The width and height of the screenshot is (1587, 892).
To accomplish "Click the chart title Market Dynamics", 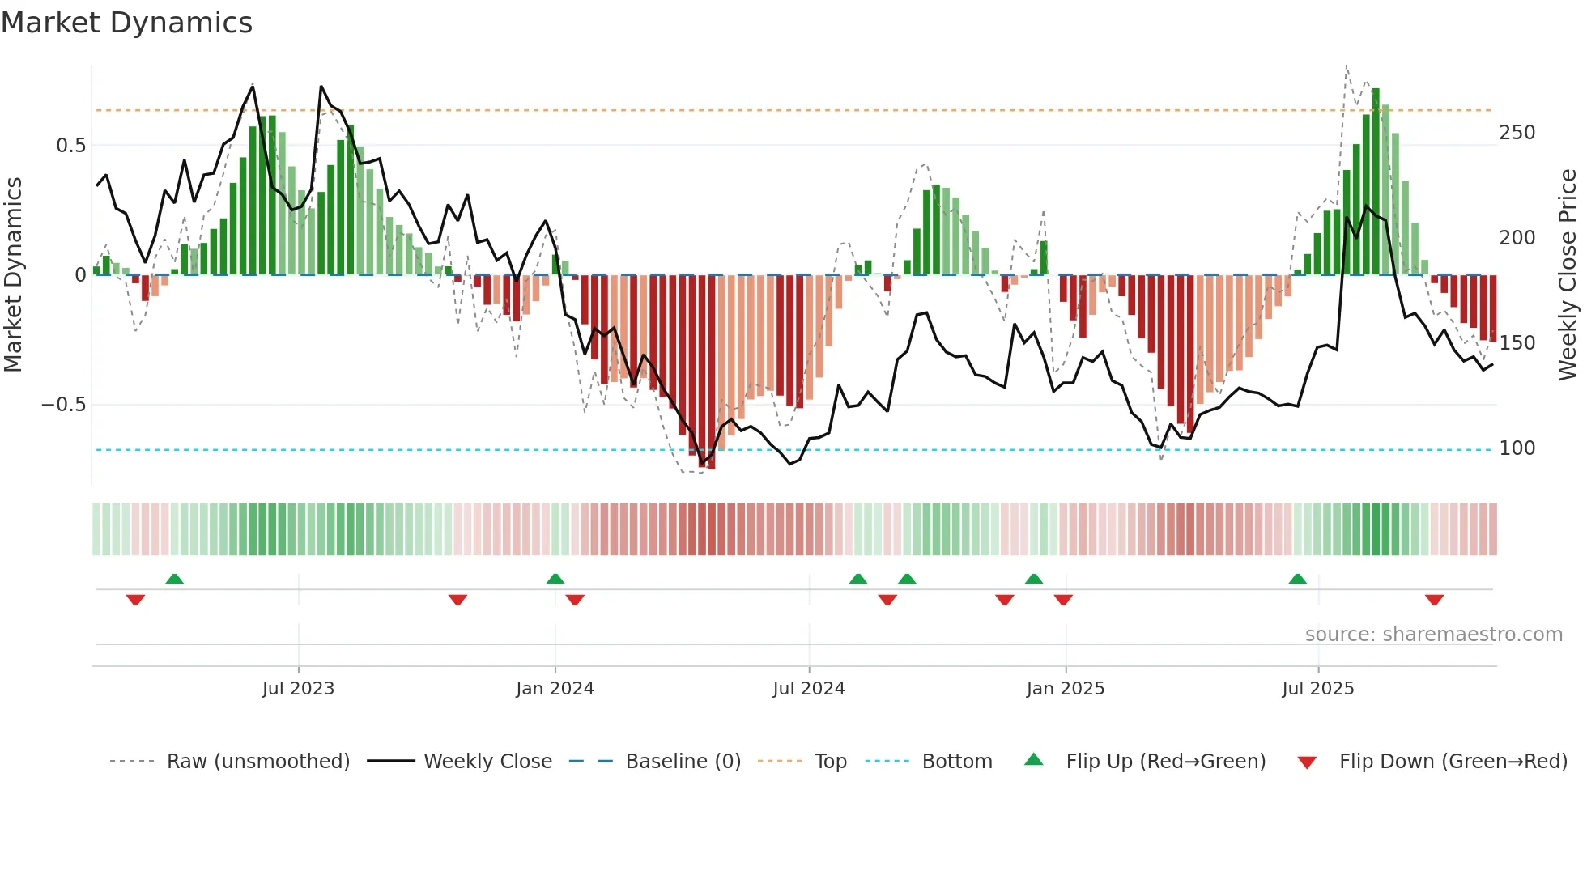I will coord(126,23).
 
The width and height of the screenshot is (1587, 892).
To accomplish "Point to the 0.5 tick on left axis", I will coord(70,146).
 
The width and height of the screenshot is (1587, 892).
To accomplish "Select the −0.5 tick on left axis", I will coord(63,405).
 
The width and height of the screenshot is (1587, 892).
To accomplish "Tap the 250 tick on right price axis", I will coord(1517,133).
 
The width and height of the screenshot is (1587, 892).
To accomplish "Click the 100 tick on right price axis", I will coord(1517,448).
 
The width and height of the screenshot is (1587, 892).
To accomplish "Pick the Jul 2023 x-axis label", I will coord(298,689).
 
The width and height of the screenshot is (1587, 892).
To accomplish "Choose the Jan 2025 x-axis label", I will coord(1065,689).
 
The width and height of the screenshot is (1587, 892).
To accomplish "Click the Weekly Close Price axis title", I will coord(1568,275).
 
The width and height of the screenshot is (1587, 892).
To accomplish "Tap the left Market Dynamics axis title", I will coord(14,275).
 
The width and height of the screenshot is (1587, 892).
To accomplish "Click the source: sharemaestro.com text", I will coord(1433,635).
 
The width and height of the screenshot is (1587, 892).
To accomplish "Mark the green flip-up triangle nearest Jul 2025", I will coord(1297,579).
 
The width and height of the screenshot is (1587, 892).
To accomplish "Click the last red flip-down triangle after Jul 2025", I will coord(1434,600).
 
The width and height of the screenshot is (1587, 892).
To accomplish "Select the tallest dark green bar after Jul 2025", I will coord(1376,182).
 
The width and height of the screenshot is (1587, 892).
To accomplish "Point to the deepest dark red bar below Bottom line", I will coord(711,372).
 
